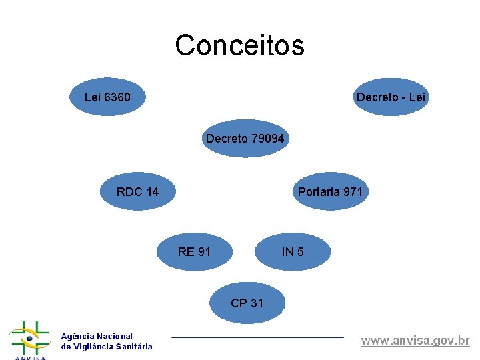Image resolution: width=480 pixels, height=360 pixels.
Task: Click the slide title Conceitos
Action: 239,45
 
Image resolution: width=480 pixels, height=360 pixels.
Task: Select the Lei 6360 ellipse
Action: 107,97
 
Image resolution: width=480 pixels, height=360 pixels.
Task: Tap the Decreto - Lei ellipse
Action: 391,97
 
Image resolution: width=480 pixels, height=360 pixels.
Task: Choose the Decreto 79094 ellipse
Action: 245,139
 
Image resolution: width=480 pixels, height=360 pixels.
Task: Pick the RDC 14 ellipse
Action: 137,192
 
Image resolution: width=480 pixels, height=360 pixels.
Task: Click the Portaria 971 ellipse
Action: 331,192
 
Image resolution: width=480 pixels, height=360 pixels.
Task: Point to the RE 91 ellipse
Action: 195,251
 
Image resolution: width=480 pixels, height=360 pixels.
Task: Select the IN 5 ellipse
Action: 293,251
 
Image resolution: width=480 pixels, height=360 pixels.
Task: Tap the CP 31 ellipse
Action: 247,303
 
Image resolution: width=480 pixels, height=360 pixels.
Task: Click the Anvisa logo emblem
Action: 29,340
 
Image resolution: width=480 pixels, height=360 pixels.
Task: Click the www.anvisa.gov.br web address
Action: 415,341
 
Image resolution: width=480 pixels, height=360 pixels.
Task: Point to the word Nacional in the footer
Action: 115,337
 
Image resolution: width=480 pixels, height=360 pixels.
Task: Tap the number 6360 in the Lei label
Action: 117,98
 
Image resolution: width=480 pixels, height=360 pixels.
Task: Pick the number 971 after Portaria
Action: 353,192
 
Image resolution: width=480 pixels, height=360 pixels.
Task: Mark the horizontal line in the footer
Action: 257,337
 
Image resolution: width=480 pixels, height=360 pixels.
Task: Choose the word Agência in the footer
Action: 77,337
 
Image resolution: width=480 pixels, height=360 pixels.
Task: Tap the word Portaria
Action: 319,192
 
